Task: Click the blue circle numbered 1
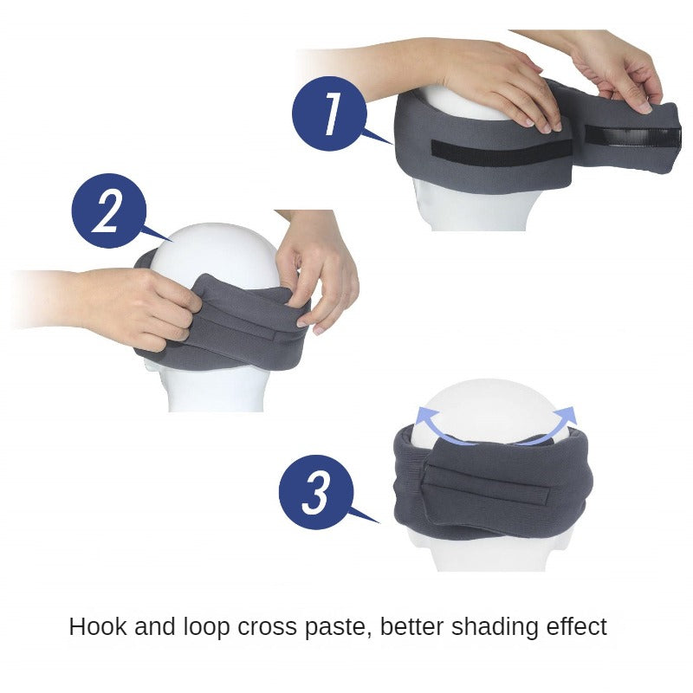point(329,113)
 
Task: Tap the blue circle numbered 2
point(109,210)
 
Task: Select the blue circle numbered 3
point(316,492)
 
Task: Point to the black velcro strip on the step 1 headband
point(502,153)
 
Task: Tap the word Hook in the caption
point(98,626)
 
